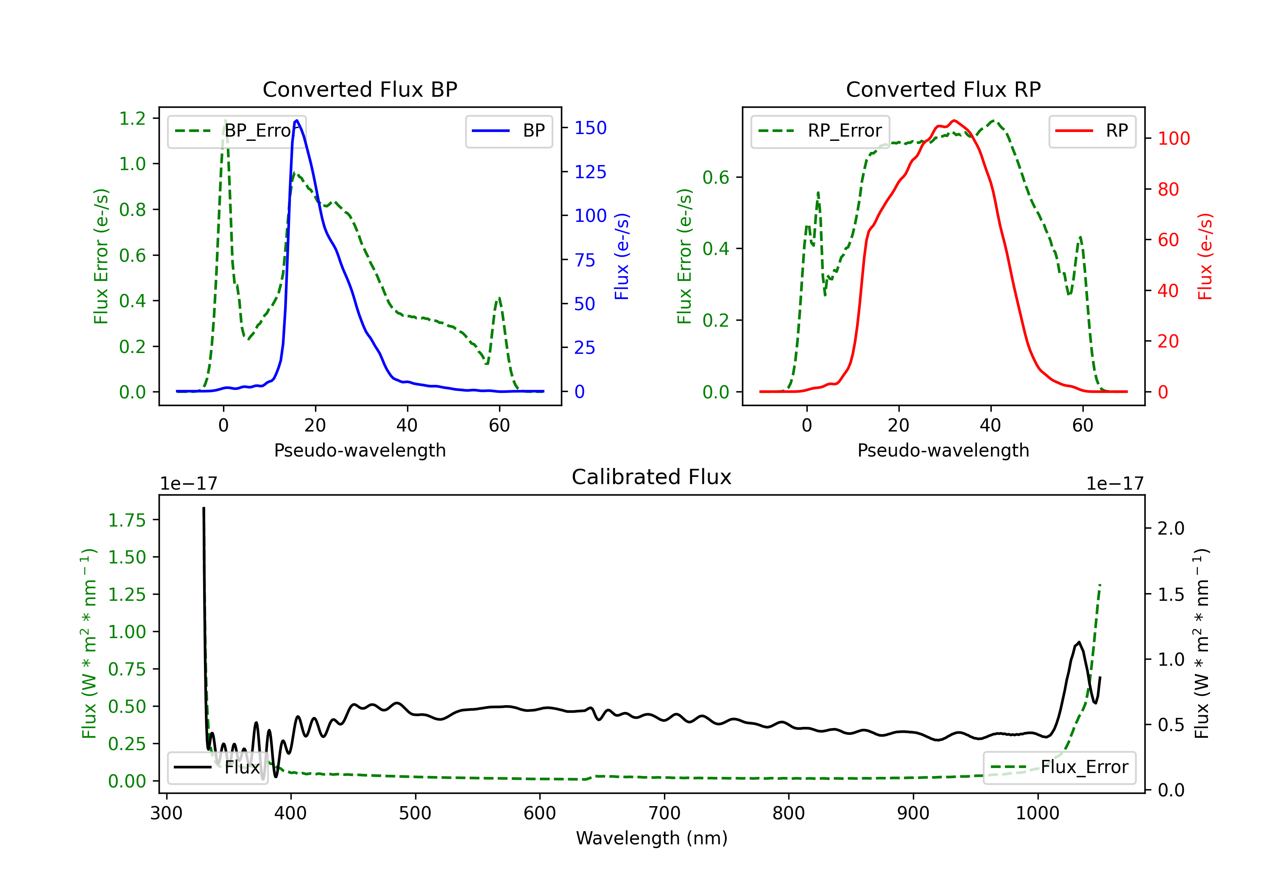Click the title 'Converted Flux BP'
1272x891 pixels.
click(360, 89)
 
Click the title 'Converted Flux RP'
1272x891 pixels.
click(943, 89)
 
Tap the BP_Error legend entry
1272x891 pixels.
click(237, 131)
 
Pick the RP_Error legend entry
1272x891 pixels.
click(820, 131)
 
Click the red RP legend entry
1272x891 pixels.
click(1092, 131)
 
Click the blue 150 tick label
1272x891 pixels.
click(590, 128)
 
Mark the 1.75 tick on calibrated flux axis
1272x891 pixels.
click(126, 520)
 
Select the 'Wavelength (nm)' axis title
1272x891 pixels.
click(652, 838)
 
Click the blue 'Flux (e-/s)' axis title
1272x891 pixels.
click(622, 256)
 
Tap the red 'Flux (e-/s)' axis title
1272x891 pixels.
click(1205, 256)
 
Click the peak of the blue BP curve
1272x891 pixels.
click(297, 120)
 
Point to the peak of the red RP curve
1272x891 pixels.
click(954, 120)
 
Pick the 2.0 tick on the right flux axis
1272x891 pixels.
click(1171, 528)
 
